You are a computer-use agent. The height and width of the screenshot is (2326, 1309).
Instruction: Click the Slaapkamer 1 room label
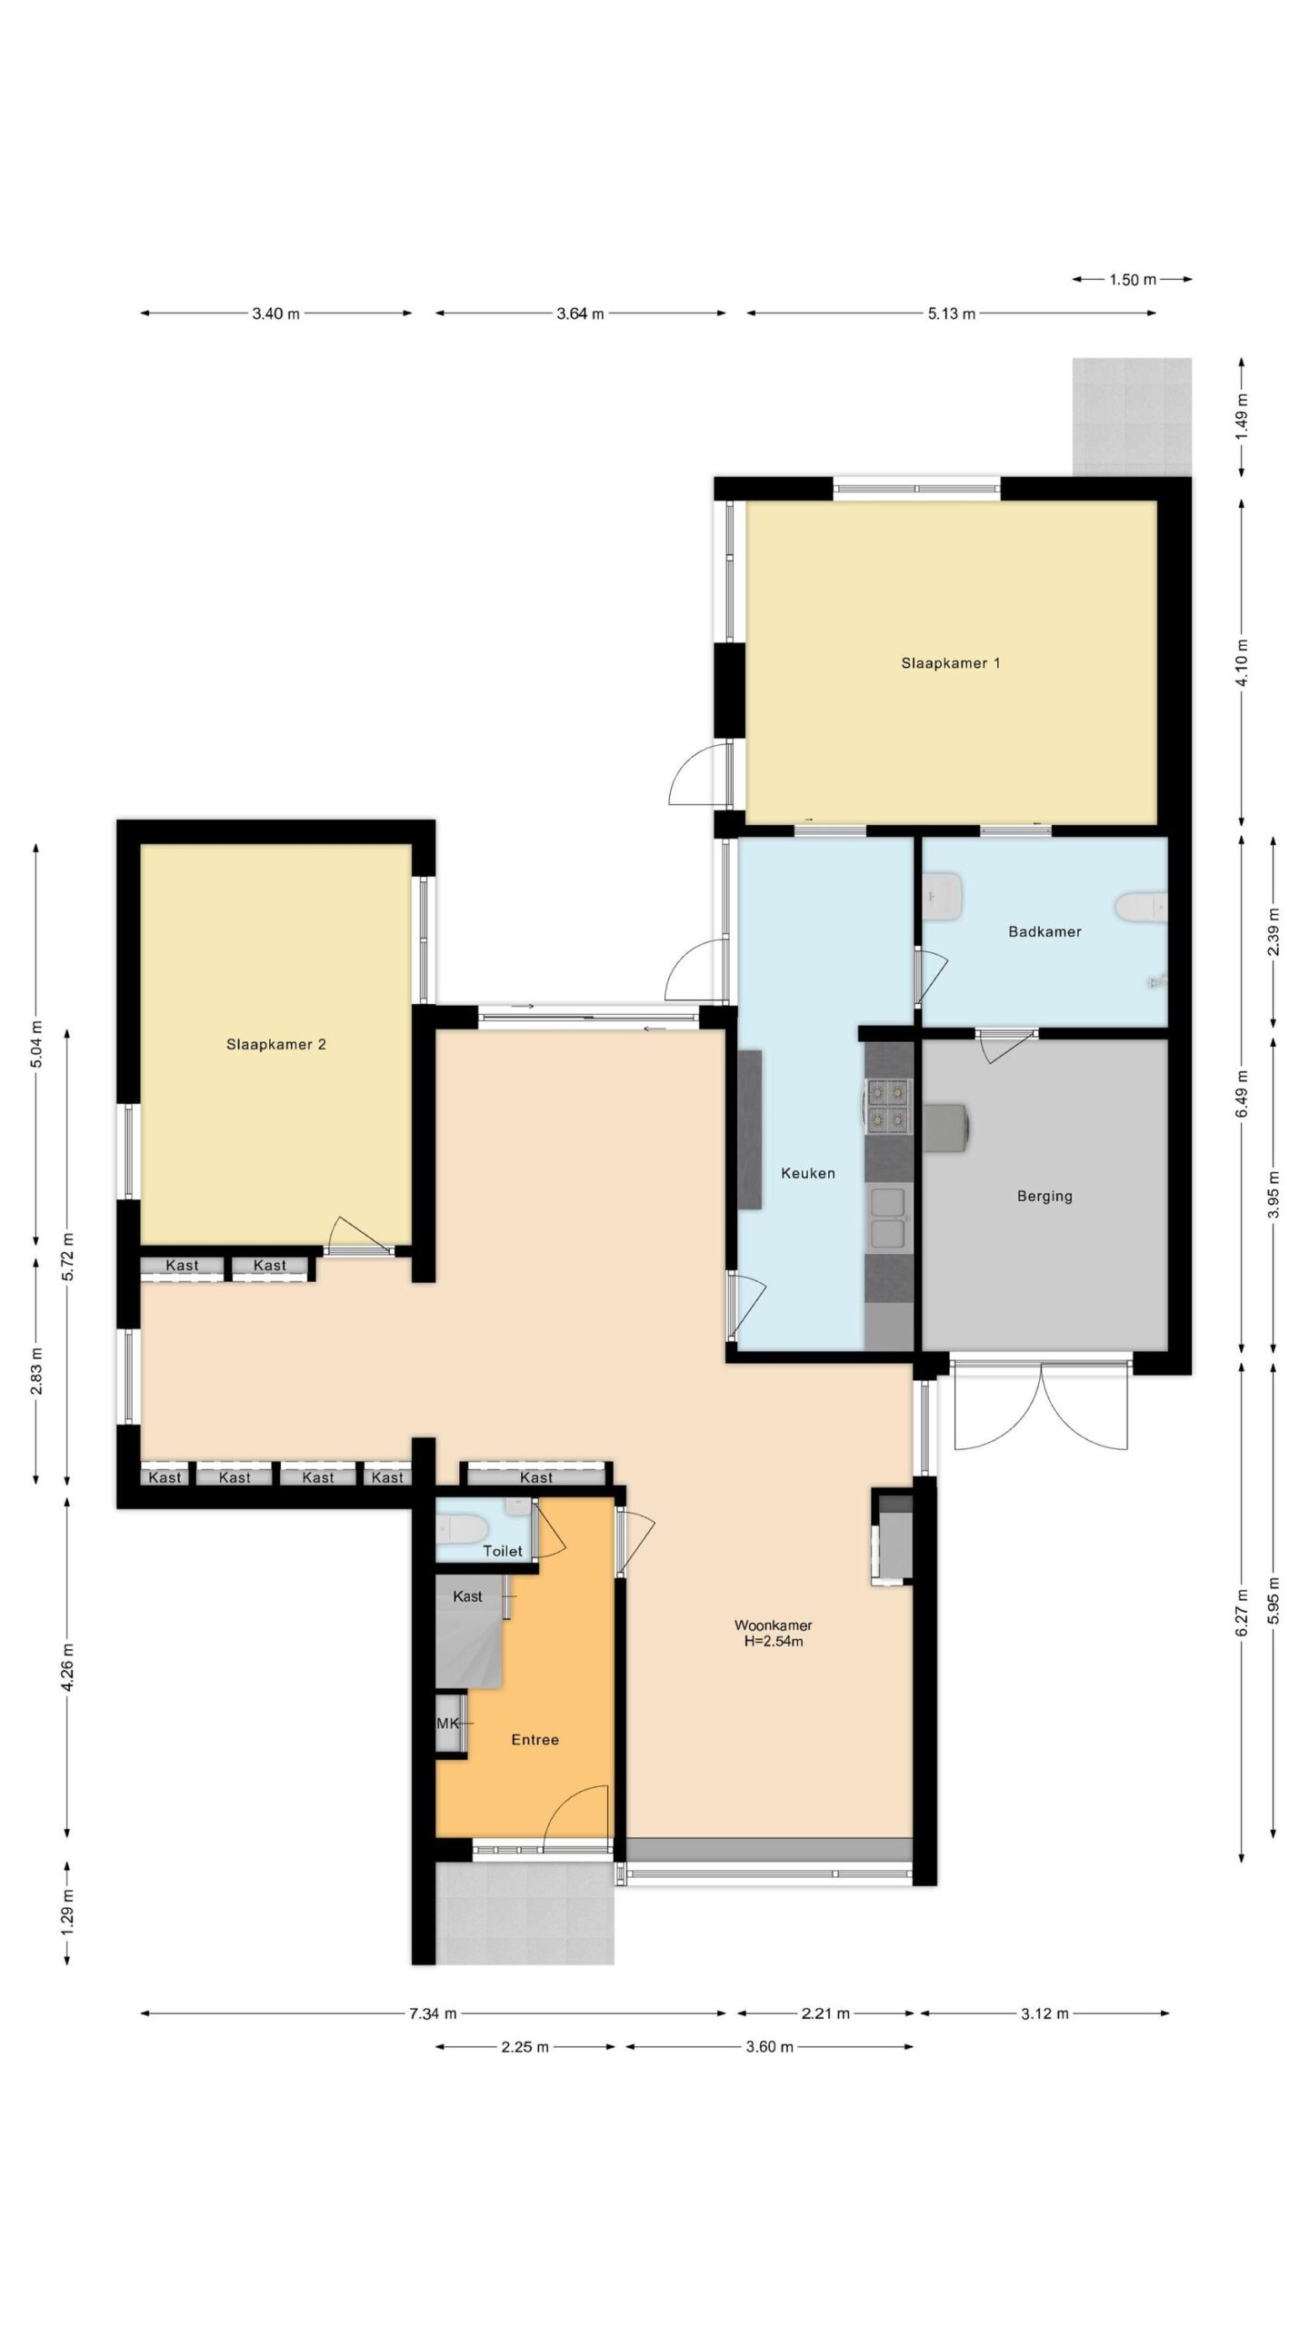click(x=950, y=663)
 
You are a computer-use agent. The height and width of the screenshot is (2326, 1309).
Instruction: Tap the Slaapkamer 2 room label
click(x=275, y=1045)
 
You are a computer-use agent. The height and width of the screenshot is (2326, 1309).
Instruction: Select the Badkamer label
click(x=1044, y=931)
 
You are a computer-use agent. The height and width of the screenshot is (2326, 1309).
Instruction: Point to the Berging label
click(x=1044, y=1197)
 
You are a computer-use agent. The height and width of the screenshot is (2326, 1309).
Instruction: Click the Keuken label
click(x=808, y=1173)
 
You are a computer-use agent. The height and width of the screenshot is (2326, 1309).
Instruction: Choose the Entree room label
click(x=535, y=1739)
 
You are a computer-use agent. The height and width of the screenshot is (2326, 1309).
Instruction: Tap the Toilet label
click(x=503, y=1551)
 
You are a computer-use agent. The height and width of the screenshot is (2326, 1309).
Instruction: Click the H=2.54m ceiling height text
click(x=774, y=1642)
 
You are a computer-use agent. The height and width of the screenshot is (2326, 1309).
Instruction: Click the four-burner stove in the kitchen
click(x=888, y=1106)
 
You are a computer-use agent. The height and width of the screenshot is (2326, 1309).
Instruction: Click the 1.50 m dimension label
click(x=1132, y=280)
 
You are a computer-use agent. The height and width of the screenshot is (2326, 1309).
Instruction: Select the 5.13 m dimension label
click(x=952, y=314)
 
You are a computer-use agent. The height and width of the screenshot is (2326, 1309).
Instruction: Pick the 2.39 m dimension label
click(x=1273, y=931)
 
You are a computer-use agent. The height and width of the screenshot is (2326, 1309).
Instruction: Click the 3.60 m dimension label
click(x=769, y=2047)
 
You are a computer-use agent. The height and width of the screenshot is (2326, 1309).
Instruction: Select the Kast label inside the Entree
click(x=467, y=1596)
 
